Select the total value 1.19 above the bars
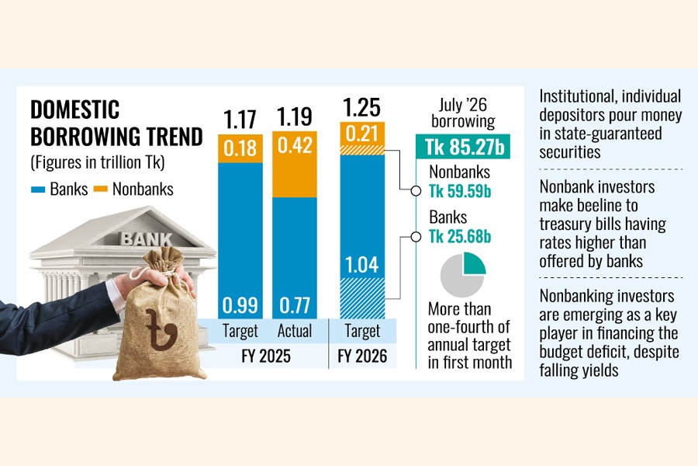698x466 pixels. [294, 119]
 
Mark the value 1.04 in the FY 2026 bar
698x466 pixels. [361, 266]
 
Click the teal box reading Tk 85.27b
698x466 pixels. [463, 146]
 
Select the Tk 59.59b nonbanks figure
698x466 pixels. [463, 191]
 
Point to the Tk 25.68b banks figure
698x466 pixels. [463, 236]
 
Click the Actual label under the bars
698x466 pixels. [294, 330]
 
